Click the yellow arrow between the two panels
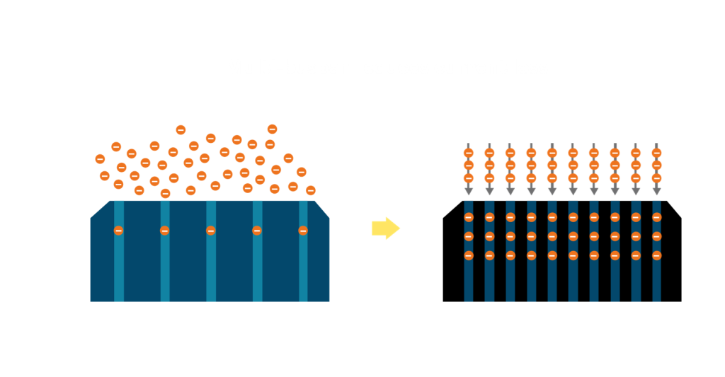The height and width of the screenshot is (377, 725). coord(385,228)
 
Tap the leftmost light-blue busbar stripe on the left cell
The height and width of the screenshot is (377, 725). coord(118,269)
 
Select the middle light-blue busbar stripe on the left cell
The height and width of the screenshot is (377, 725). coord(211,269)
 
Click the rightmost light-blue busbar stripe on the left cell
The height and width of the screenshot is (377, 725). coord(303,269)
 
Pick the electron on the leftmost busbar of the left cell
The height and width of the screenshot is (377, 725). coord(118,231)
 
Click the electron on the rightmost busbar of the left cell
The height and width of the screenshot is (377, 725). coord(303,231)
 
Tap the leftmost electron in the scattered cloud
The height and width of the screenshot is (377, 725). coord(101,159)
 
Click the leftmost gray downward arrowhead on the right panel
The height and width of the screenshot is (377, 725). coord(468,191)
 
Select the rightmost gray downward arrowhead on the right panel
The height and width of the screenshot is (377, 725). coord(656,191)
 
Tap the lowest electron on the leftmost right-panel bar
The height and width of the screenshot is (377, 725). coord(468,255)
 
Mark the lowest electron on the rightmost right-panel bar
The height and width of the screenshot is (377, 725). coord(656,255)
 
